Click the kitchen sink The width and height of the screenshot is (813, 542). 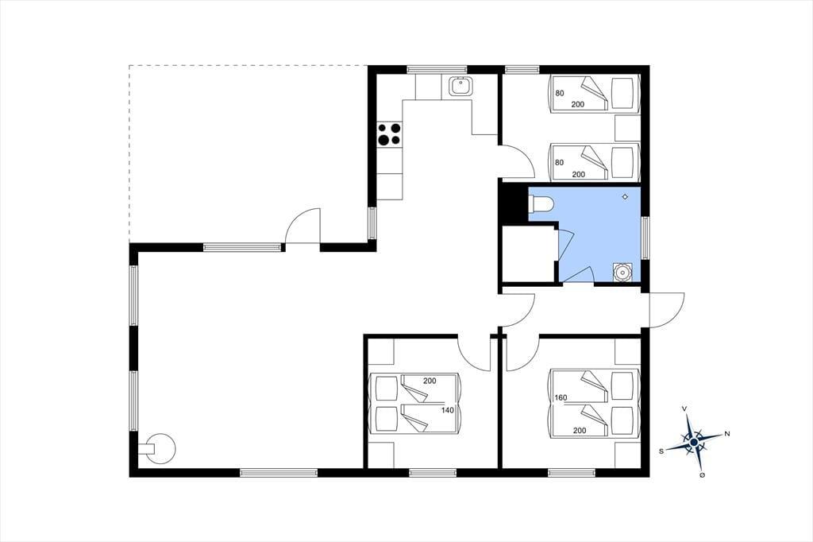[x=460, y=86]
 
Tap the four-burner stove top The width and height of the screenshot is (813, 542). [x=389, y=134]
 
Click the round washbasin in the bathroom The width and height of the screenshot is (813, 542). [x=622, y=272]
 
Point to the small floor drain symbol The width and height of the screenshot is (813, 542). [x=626, y=196]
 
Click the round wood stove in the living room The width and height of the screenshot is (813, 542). [x=158, y=448]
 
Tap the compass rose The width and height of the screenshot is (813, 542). [x=694, y=442]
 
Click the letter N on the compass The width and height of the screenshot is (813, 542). [x=727, y=433]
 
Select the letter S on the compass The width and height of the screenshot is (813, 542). [x=661, y=451]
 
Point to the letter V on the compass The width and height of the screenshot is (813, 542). [x=685, y=409]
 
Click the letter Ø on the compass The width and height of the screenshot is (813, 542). [x=702, y=475]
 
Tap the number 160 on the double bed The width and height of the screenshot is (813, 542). [x=561, y=397]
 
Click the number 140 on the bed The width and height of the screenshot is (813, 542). [x=448, y=410]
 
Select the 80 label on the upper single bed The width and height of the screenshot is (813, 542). [x=560, y=94]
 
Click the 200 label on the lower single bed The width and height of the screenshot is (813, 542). [x=578, y=174]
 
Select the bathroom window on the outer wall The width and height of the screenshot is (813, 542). [x=645, y=238]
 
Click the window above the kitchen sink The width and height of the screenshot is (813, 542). [x=437, y=70]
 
